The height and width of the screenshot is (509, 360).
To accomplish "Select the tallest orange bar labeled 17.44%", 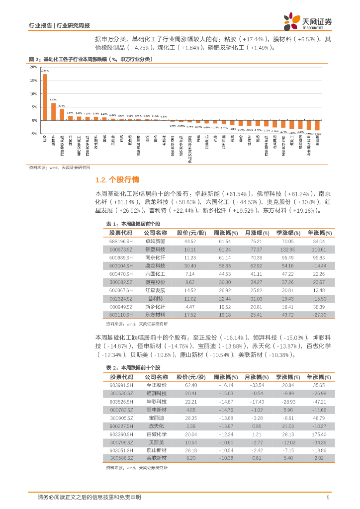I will coord(45,97).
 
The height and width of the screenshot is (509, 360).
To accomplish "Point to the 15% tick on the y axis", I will coord(34,81).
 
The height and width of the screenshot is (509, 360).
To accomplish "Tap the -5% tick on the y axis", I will coord(34,134).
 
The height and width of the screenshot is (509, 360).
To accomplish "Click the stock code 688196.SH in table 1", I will coord(121,241).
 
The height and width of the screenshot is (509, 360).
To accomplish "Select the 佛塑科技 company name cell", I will coord(155,249).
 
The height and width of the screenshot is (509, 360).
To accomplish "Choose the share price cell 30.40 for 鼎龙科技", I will coord(190,266).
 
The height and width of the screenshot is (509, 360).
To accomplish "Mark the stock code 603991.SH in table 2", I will coord(121,385).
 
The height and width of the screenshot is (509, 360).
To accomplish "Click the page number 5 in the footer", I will coord(328,497).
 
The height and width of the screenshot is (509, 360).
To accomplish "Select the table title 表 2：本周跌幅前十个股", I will coord(133,367).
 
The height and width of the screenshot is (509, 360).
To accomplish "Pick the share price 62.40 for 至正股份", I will coord(190,385).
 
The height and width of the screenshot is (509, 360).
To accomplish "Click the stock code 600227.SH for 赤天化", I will coord(121,425).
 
